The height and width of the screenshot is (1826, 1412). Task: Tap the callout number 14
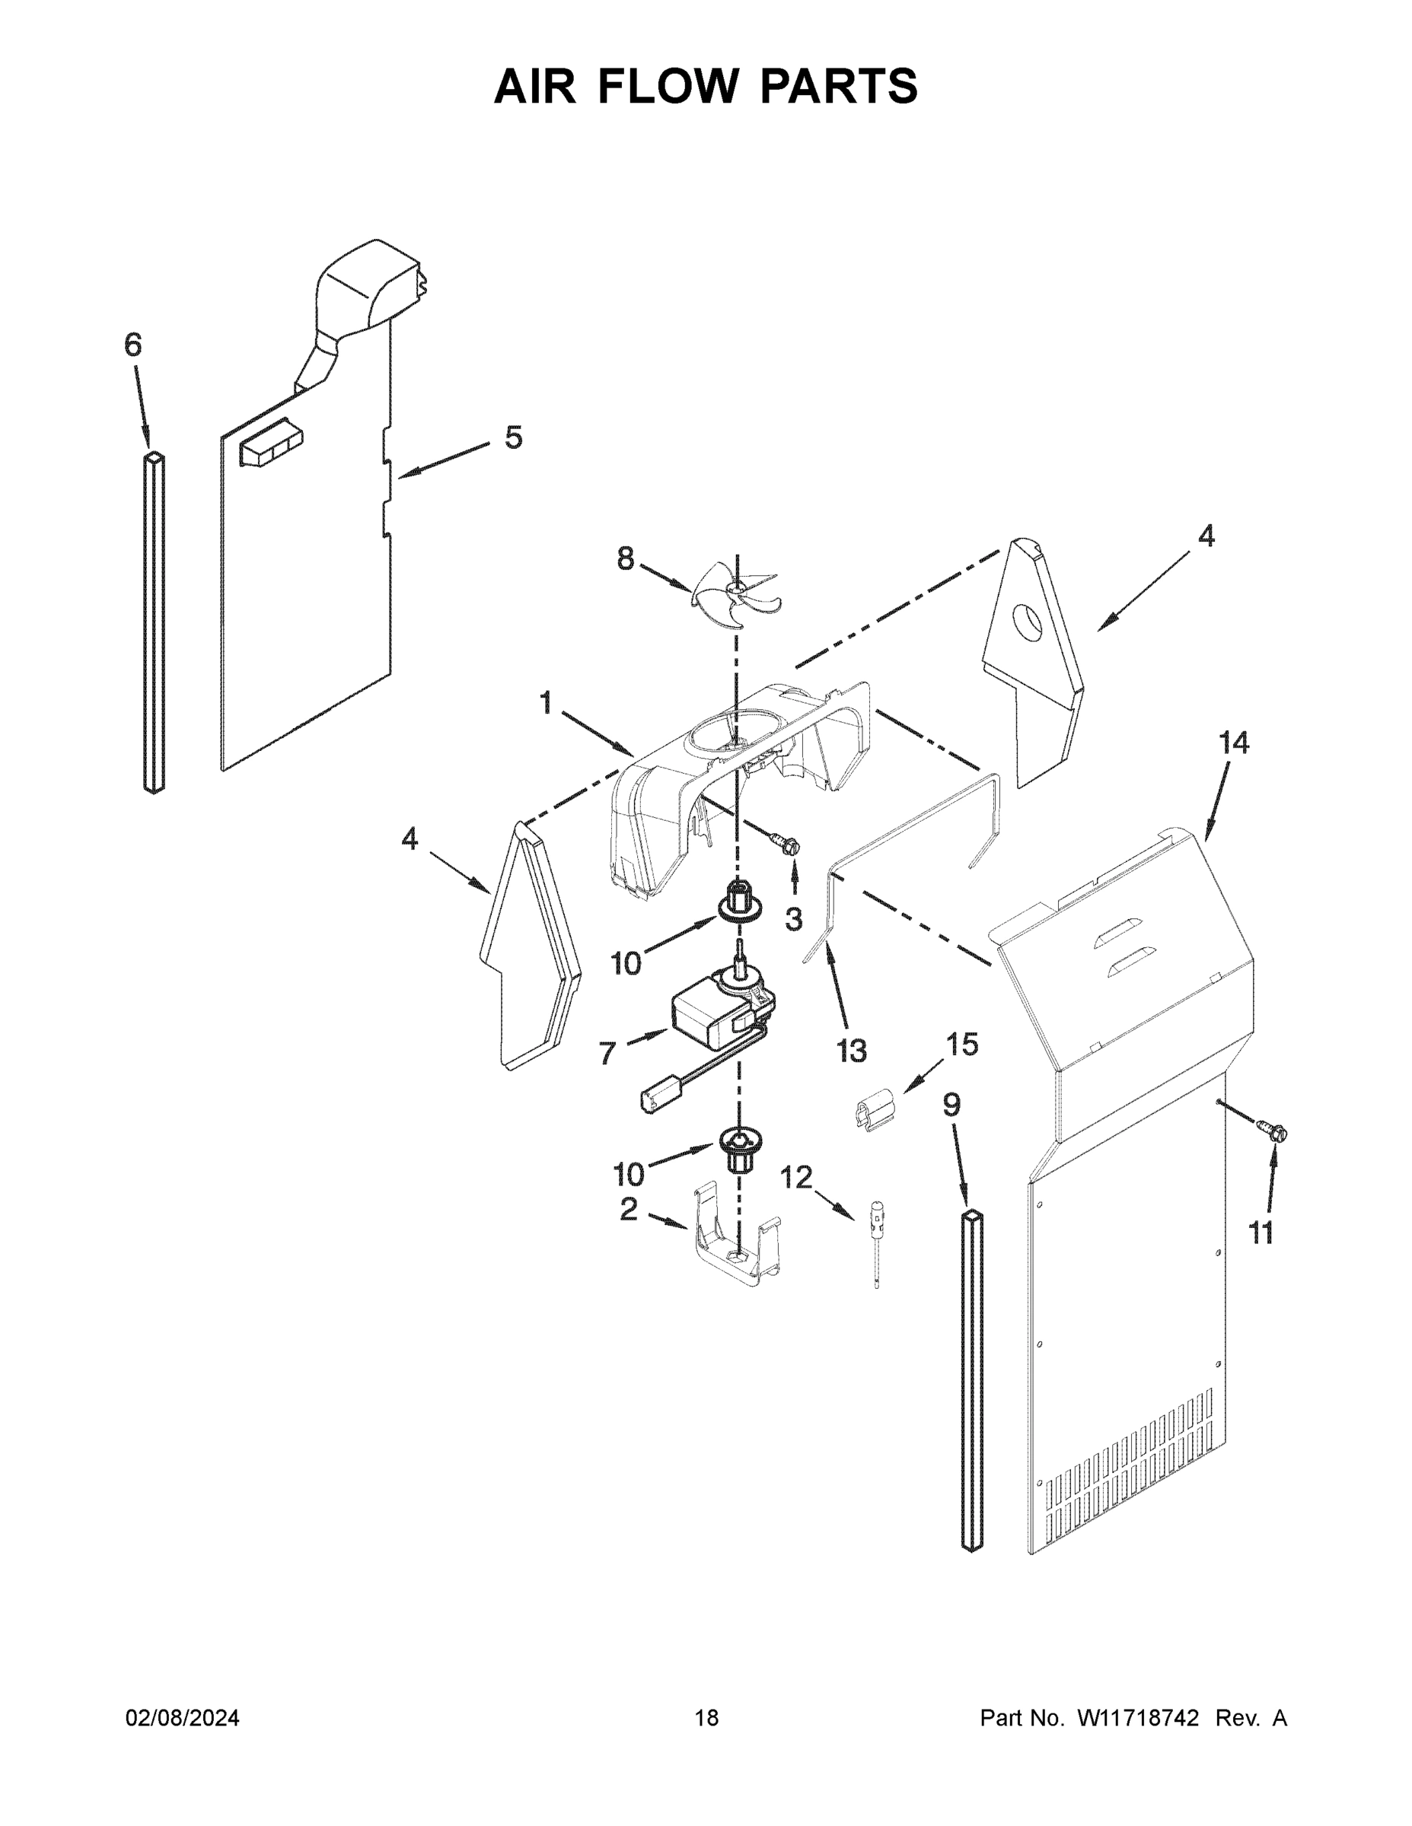pyautogui.click(x=1233, y=742)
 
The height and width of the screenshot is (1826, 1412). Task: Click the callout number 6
pyautogui.click(x=133, y=345)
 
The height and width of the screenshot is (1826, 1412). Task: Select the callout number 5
pyautogui.click(x=513, y=437)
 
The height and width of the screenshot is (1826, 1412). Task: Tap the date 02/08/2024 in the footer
pyautogui.click(x=183, y=1717)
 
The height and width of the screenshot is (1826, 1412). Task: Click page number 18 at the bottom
pyautogui.click(x=706, y=1717)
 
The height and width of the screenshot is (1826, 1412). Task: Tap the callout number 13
pyautogui.click(x=851, y=1050)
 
